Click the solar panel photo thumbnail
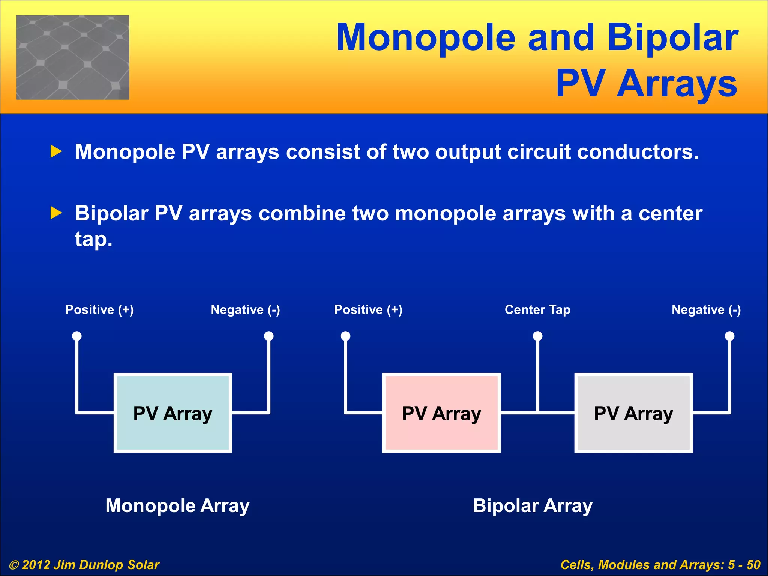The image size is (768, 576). click(73, 57)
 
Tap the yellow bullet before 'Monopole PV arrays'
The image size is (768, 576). click(56, 152)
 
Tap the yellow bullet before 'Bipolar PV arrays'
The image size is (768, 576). click(56, 213)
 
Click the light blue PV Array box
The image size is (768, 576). click(172, 413)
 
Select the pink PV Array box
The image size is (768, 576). click(441, 413)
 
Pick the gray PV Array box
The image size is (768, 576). click(633, 413)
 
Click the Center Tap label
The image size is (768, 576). click(537, 310)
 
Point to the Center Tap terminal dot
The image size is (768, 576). click(537, 336)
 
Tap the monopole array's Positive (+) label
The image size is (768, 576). click(99, 310)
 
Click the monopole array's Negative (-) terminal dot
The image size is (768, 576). click(269, 336)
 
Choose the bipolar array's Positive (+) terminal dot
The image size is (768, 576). click(345, 336)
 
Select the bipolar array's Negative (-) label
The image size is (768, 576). click(706, 310)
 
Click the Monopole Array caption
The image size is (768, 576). click(177, 506)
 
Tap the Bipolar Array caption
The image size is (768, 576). click(532, 506)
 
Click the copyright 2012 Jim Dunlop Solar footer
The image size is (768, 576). click(84, 565)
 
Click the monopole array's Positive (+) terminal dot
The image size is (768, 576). click(77, 336)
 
